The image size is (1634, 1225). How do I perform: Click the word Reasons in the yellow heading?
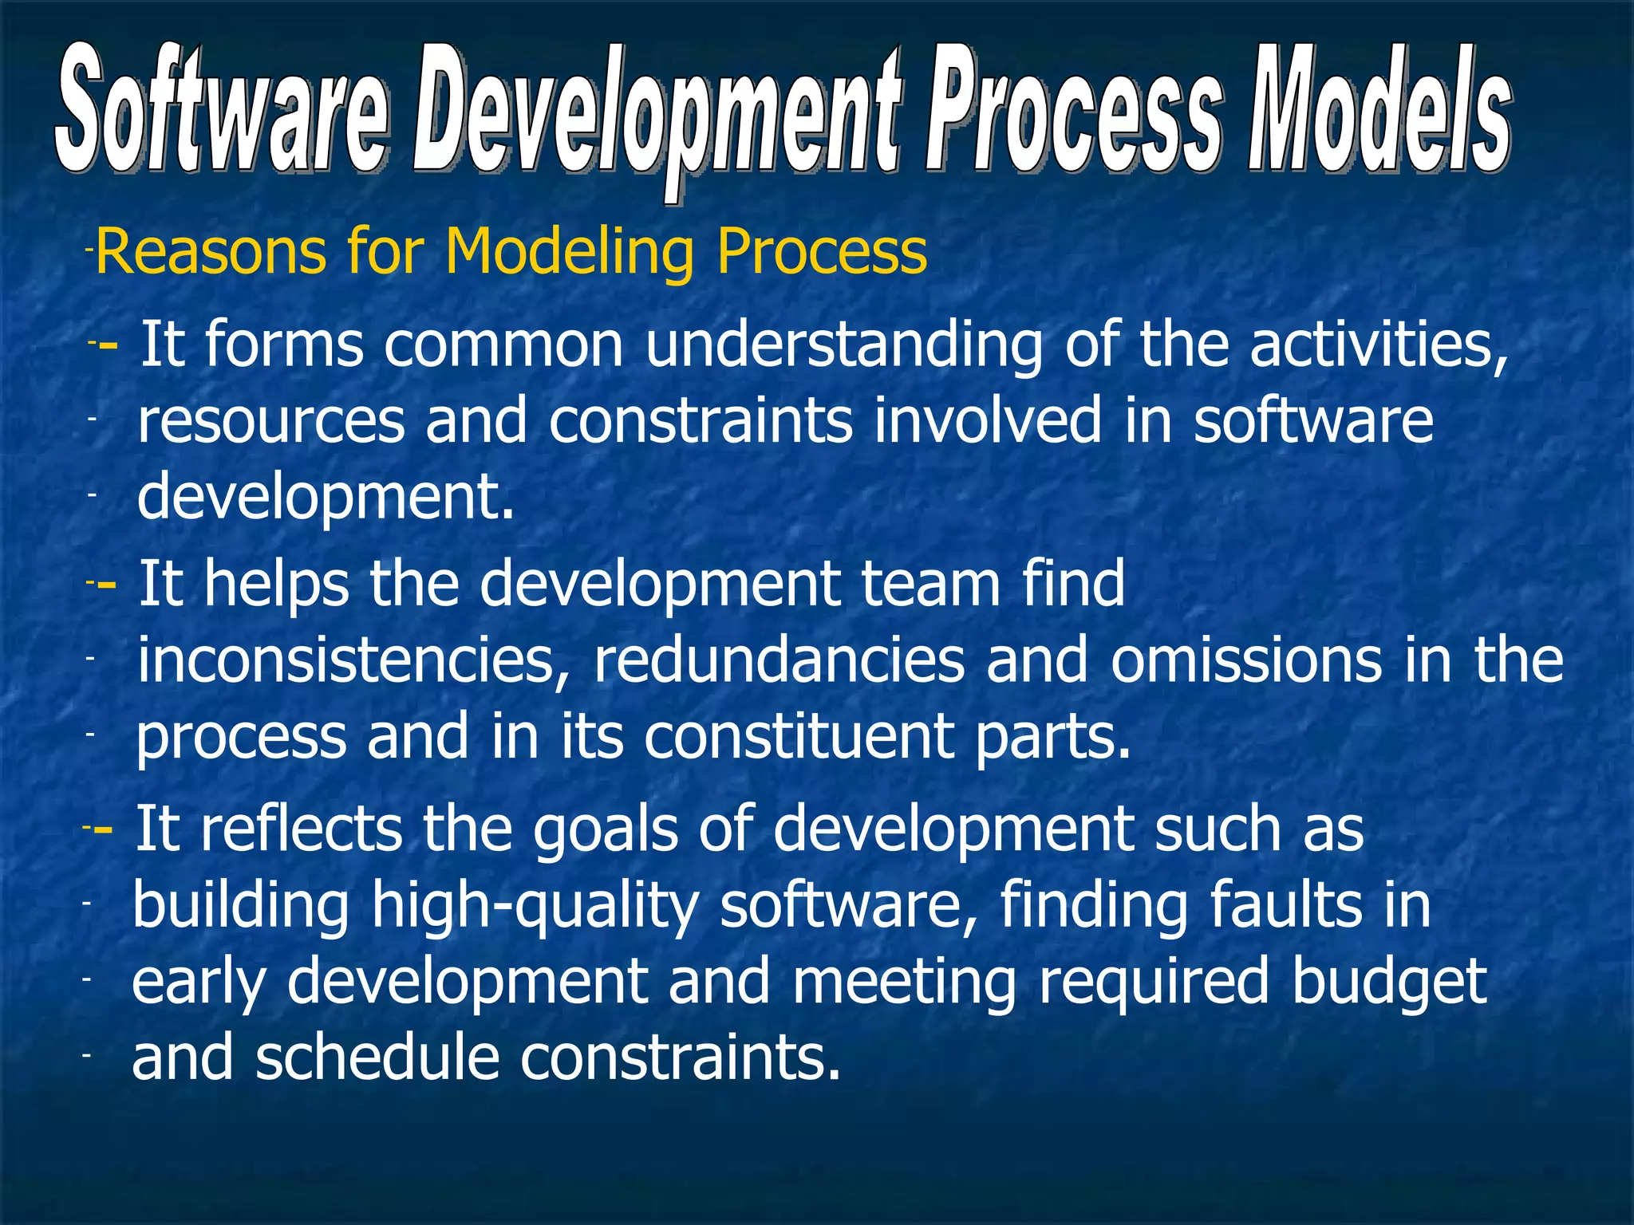211,251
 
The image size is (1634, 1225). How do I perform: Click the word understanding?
843,345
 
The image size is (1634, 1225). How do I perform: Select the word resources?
271,420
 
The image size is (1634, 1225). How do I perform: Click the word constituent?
799,736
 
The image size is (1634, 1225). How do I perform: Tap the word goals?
605,829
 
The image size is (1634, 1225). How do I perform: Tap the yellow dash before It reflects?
103,830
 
